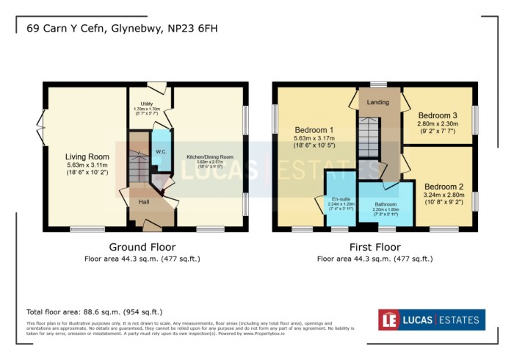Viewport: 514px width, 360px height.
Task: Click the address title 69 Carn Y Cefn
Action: pos(122,29)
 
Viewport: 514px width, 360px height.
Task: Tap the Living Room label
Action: pos(87,156)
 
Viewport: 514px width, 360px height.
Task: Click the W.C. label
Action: pos(160,152)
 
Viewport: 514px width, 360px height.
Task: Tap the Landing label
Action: pos(378,103)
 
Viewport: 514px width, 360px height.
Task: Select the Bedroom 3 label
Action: pos(438,115)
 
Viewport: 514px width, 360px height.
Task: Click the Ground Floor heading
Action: pos(142,247)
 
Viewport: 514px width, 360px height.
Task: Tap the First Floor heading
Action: pos(374,247)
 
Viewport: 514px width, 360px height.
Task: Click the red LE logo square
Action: pos(388,320)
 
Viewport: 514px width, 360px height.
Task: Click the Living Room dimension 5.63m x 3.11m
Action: pos(87,166)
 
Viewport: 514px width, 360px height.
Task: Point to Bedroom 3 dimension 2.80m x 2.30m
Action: pos(438,125)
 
